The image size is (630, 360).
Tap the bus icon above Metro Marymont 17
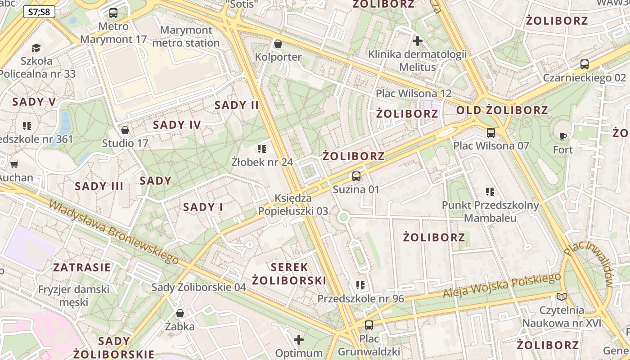pos(113,13)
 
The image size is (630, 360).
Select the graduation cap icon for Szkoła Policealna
pos(36,48)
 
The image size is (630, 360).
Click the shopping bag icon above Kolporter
pos(278,44)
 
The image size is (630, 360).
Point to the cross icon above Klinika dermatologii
pos(417,41)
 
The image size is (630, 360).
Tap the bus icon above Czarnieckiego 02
pos(584,64)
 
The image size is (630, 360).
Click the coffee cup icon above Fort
pos(562,136)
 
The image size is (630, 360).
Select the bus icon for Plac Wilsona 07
pos(490,133)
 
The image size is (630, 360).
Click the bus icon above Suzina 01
pos(356,176)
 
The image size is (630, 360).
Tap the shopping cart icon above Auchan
pos(14,164)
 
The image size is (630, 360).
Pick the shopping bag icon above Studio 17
pos(125,130)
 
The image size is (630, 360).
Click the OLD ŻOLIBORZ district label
pos(502,110)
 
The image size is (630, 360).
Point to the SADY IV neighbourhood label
pos(177,125)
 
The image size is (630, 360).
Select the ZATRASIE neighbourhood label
pos(82,268)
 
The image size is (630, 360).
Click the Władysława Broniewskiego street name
pos(114,231)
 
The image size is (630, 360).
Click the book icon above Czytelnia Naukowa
pos(561,297)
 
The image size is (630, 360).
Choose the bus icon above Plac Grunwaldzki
pos(369,325)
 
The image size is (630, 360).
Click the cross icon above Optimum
pos(299,340)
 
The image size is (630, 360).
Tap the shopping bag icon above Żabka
pos(180,313)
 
